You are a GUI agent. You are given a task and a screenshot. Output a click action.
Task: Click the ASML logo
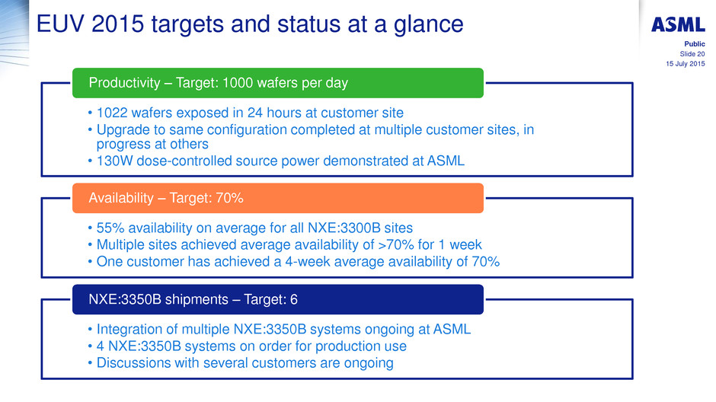pos(678,24)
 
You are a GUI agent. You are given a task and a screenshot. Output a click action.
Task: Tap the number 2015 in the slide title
pos(118,24)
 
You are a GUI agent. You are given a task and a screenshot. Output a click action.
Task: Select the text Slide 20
pos(692,54)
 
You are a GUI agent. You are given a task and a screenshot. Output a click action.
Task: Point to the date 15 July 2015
pos(686,64)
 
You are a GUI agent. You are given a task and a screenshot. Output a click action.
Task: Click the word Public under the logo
pos(695,44)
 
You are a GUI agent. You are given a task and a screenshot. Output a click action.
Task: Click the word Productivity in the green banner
pos(125,83)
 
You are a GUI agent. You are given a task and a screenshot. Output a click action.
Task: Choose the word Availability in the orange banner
pos(121,198)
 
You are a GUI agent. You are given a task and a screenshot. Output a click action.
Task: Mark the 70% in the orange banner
pos(230,198)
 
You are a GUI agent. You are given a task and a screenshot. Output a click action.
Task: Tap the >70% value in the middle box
pos(396,244)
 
